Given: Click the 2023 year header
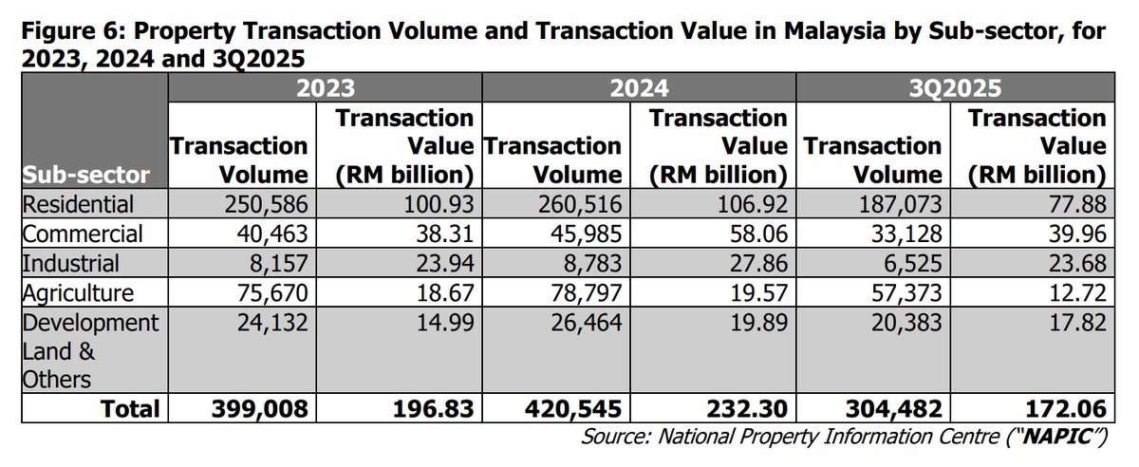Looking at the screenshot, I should click(x=325, y=89).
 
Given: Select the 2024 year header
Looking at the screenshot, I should click(x=639, y=89).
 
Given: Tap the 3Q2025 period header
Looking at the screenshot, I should click(x=954, y=89).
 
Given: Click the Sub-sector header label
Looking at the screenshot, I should click(x=86, y=176).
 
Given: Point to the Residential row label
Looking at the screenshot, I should click(x=79, y=204).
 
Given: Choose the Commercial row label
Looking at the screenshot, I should click(x=82, y=233).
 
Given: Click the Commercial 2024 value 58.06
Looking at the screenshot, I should click(x=758, y=233).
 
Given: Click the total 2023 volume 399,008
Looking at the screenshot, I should click(x=264, y=409).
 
